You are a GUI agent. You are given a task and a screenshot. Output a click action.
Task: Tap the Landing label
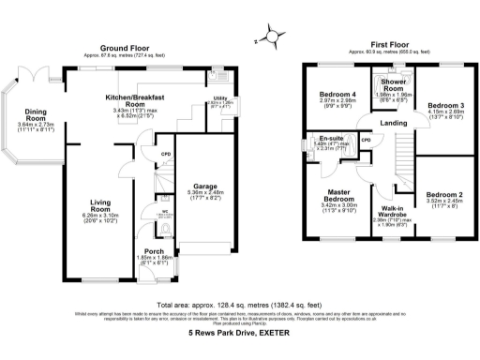coord(393,124)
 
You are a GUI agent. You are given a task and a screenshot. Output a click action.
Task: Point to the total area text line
coord(241,306)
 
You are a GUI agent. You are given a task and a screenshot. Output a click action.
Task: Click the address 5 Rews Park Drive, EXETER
coord(241,334)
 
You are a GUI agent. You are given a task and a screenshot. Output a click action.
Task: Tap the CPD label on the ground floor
coord(164,154)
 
